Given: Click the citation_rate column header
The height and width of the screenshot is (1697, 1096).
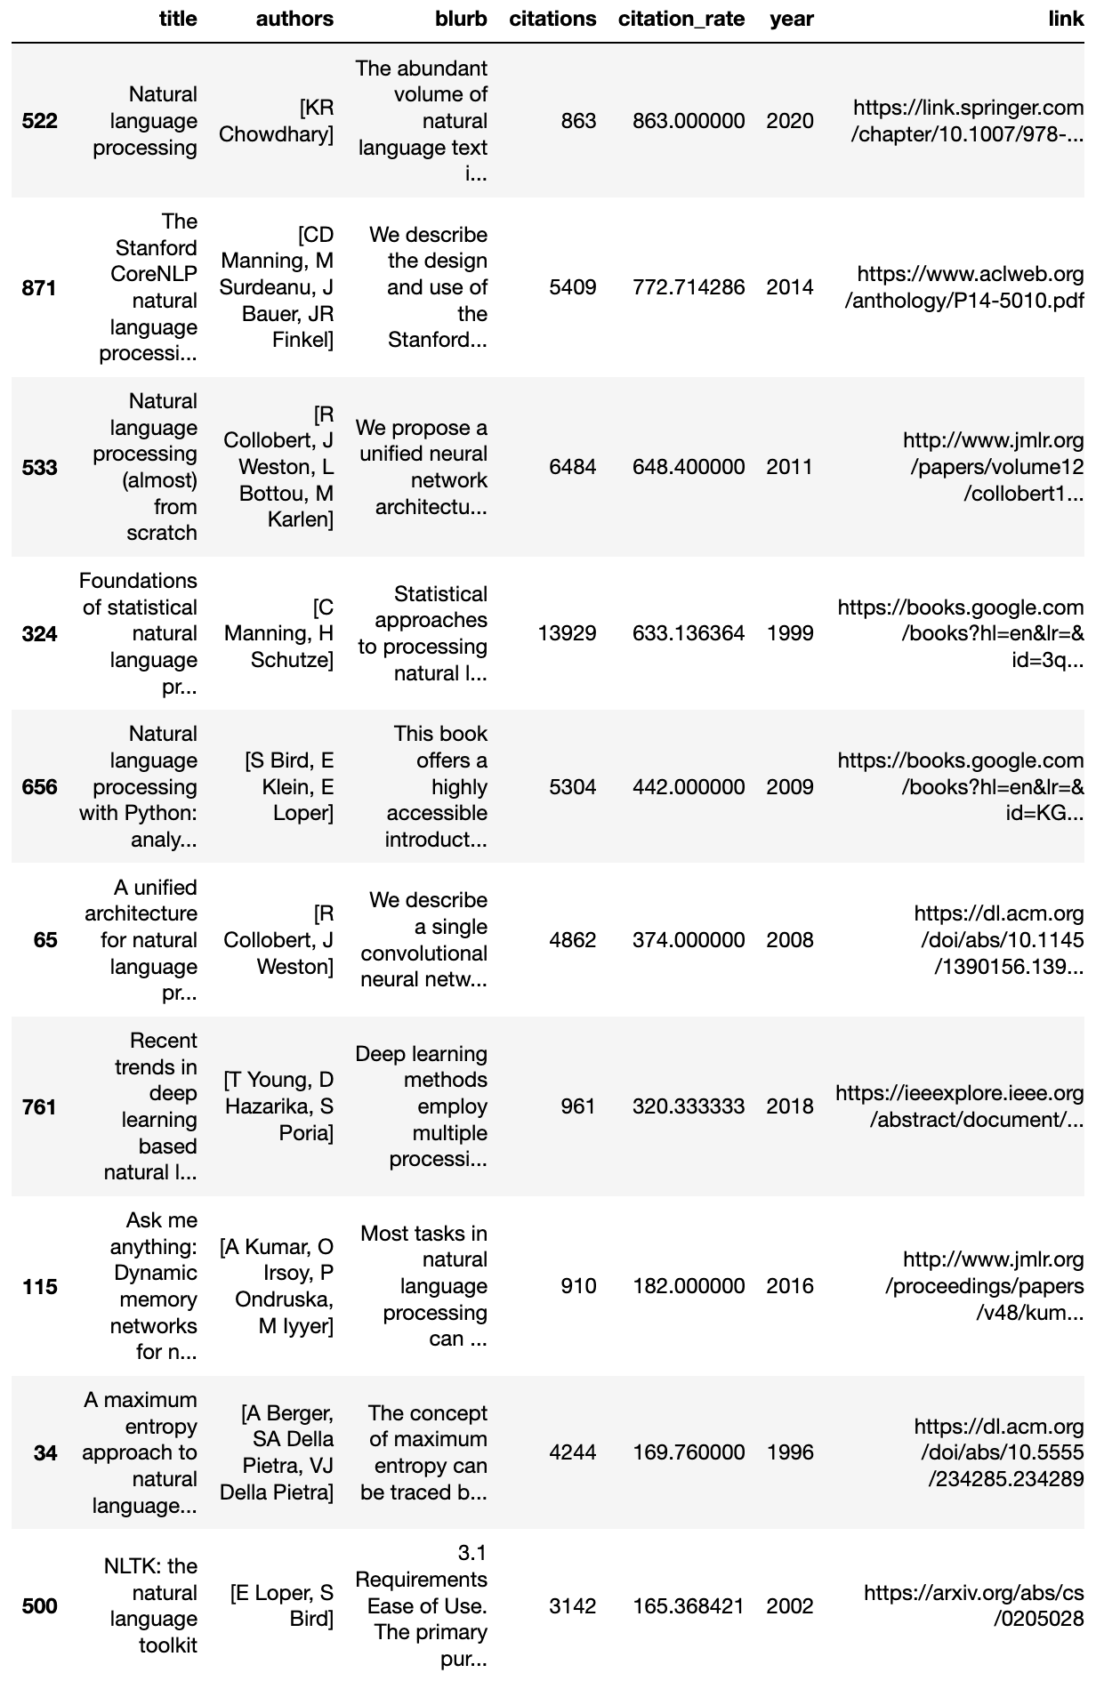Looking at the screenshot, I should (x=681, y=19).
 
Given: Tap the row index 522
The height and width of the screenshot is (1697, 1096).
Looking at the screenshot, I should (x=39, y=121).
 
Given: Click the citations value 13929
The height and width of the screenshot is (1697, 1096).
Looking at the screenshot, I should (x=567, y=633).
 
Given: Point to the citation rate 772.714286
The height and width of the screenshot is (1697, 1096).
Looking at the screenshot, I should (x=688, y=287).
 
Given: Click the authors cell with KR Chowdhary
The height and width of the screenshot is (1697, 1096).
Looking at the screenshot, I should (x=277, y=121).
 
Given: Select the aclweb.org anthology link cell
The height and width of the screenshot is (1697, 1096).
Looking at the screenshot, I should (x=963, y=287).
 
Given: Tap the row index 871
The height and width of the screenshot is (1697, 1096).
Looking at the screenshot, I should (x=39, y=288).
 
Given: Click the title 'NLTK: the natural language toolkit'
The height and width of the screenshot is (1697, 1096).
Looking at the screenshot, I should (x=149, y=1605).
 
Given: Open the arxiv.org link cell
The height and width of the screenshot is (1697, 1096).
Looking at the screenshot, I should (x=973, y=1605).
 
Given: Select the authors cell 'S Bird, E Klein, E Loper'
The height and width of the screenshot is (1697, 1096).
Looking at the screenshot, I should (x=289, y=786).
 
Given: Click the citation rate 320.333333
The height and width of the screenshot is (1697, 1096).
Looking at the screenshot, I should (x=688, y=1106).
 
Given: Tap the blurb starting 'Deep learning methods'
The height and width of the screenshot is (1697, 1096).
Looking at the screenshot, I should (x=422, y=1106).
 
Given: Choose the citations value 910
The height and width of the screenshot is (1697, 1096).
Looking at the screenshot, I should (x=578, y=1286).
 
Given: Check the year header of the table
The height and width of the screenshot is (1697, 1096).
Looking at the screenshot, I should (x=791, y=19).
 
